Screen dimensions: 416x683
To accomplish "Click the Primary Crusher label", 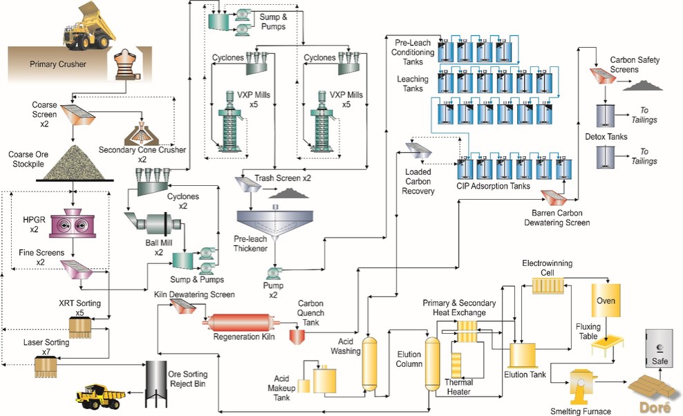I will (x=58, y=65).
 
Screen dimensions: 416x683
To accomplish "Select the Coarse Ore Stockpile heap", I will (x=72, y=160).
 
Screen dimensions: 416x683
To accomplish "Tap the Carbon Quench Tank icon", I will (x=297, y=335).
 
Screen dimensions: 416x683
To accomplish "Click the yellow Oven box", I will (x=606, y=301).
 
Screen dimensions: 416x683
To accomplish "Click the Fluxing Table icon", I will (x=610, y=344).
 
